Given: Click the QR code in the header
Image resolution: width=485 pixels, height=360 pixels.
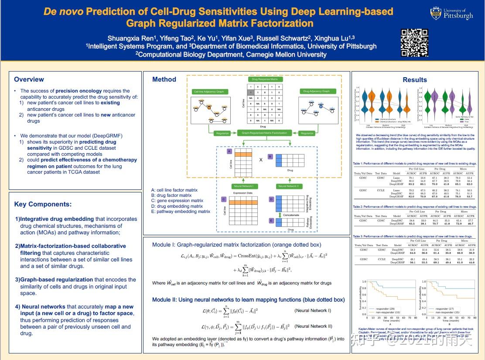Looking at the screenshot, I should tap(414, 42).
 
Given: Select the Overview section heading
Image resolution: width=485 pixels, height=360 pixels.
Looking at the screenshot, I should tap(29, 79).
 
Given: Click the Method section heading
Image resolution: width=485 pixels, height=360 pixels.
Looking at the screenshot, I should tap(164, 79).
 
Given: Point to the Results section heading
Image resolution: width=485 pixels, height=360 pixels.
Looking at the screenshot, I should tap(415, 80).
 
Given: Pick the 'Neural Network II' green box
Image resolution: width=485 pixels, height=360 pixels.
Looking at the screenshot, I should tap(288, 186).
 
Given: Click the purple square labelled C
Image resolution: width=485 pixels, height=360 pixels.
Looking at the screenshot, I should tap(223, 199).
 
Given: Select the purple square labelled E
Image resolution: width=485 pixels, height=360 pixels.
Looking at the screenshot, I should tap(271, 221).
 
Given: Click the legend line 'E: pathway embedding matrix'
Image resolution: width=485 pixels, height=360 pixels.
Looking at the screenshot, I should tap(181, 212).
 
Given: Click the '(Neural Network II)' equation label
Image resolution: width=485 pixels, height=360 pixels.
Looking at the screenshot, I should tap(313, 326).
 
